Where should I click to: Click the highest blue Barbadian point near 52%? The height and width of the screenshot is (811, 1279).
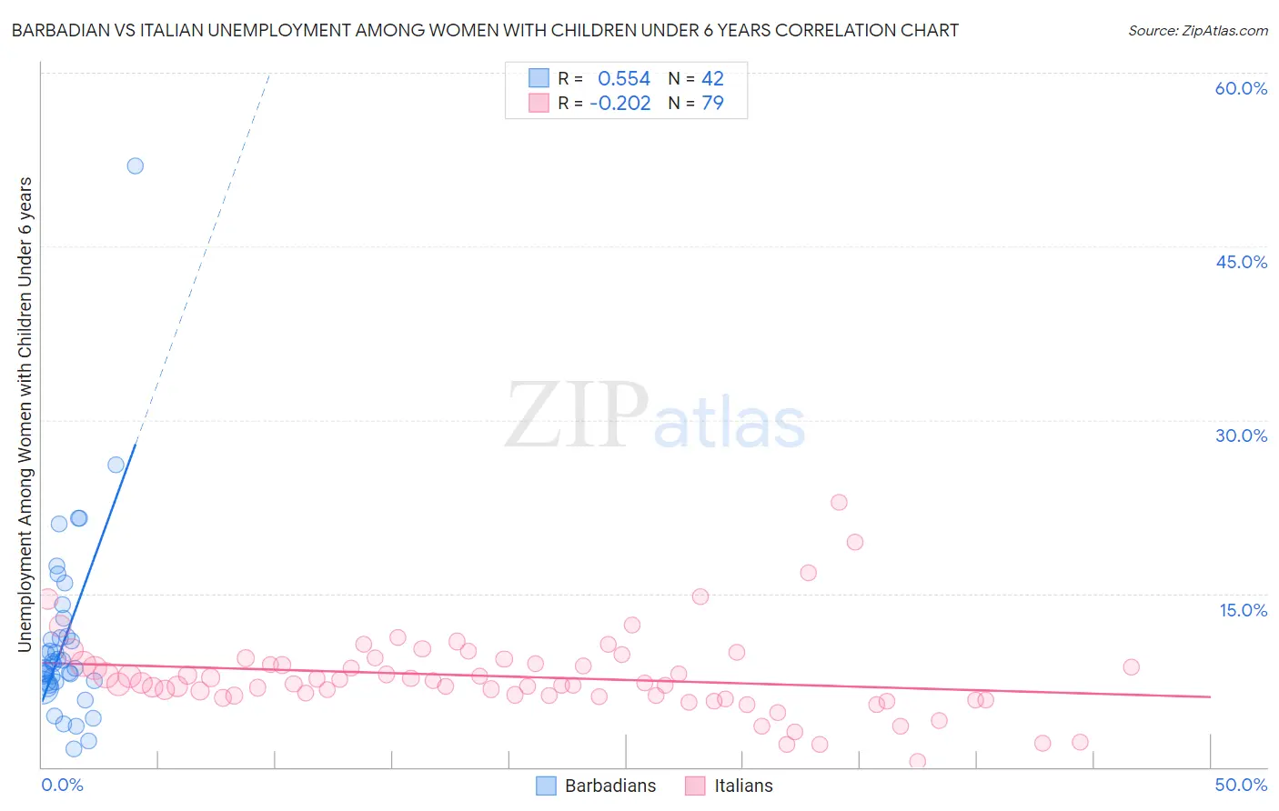(136, 165)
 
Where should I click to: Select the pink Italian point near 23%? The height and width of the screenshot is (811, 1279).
(839, 502)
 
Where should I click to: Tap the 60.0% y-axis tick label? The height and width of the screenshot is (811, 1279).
(1241, 88)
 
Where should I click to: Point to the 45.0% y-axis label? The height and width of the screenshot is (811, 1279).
(1241, 262)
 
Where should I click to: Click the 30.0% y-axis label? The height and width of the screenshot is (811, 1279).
(1241, 436)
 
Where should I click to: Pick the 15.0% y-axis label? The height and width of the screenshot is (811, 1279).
(1243, 610)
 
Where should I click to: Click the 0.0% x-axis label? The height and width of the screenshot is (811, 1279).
(62, 785)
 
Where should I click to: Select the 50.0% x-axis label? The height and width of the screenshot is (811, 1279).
(1241, 785)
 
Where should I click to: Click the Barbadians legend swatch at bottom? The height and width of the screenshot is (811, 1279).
(546, 786)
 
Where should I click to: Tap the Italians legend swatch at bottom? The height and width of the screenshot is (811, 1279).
(696, 786)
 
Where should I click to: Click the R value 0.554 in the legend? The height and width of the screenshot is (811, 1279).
(624, 79)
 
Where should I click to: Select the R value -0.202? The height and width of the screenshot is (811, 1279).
(620, 103)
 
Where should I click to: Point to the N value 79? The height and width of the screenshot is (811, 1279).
(712, 103)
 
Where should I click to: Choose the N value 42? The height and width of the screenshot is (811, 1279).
(712, 79)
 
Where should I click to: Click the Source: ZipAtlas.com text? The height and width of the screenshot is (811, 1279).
(1197, 31)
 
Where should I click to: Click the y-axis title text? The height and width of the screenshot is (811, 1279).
(25, 414)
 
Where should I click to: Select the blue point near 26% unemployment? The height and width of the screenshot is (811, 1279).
(116, 465)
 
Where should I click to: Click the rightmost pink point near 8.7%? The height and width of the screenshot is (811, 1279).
(1131, 666)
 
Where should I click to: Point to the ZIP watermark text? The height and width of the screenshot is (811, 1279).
(576, 416)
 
